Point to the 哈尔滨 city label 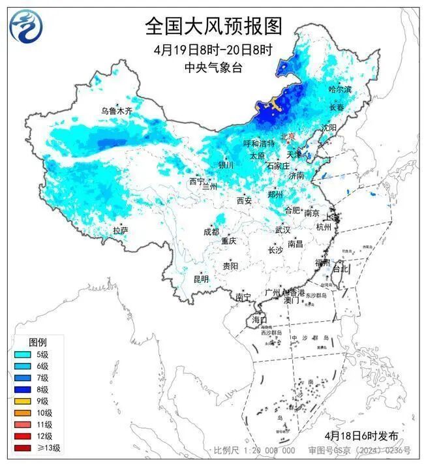click(339, 89)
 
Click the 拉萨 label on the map click(120, 230)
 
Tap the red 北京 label click(288, 136)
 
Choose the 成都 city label click(211, 232)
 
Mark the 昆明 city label click(201, 279)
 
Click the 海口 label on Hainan click(259, 320)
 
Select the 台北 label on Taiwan click(341, 268)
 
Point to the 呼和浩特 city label click(259, 143)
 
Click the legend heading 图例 click(37, 343)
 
